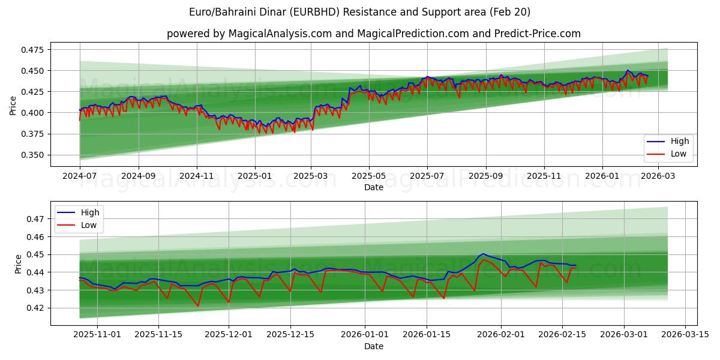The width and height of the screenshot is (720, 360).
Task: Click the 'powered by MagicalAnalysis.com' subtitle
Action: (373, 34)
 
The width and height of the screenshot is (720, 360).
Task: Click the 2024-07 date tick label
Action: (79, 176)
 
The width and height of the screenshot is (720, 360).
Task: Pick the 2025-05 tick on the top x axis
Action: (368, 176)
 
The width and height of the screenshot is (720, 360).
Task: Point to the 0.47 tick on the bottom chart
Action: (36, 219)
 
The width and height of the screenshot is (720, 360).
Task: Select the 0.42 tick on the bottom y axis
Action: (36, 308)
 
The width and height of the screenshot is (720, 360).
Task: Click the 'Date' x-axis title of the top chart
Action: (373, 187)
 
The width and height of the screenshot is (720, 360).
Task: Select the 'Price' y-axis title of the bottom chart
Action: (19, 263)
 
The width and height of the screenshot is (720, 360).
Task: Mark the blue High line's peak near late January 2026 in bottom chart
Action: (483, 254)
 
